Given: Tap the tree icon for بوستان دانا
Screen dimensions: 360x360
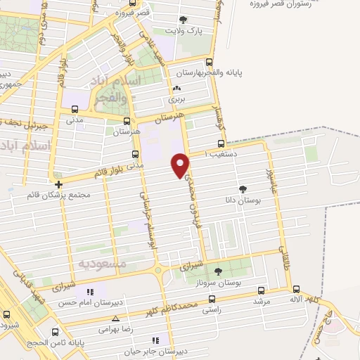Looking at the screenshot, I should [x=243, y=189].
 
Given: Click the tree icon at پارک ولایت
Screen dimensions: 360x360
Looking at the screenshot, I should [x=184, y=20].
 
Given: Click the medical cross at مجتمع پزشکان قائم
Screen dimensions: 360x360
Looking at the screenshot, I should [x=58, y=184].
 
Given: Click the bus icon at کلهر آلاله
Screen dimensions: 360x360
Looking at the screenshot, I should [x=295, y=290].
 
